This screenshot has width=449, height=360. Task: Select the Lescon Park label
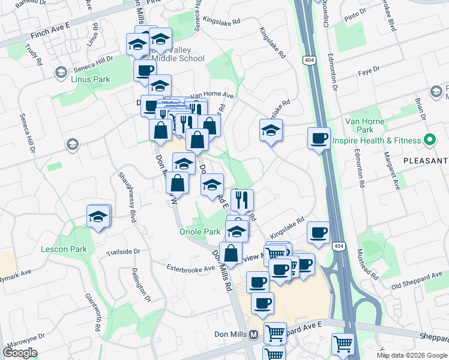click(64, 249)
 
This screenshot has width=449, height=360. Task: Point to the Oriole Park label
click(200, 232)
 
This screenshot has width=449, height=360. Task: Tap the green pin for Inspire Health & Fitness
click(430, 140)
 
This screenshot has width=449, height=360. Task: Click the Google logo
click(20, 352)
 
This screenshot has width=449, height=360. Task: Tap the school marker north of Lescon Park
click(99, 217)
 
